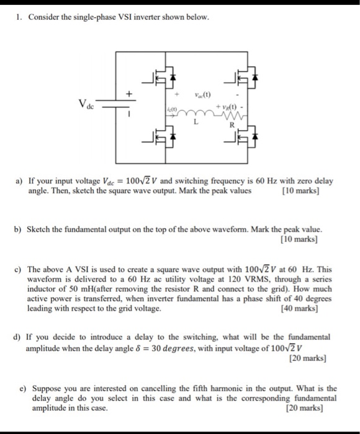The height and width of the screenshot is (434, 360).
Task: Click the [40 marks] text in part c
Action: pos(300,308)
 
